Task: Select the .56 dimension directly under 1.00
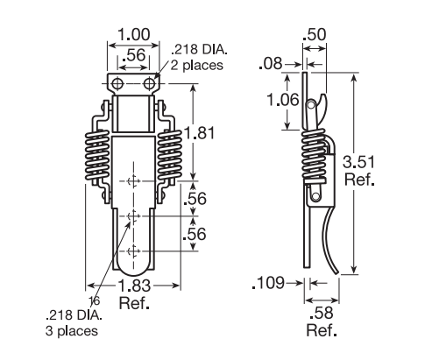click(133, 53)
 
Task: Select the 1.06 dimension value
click(283, 100)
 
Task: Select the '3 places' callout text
click(71, 331)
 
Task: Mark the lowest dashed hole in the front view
click(133, 251)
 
